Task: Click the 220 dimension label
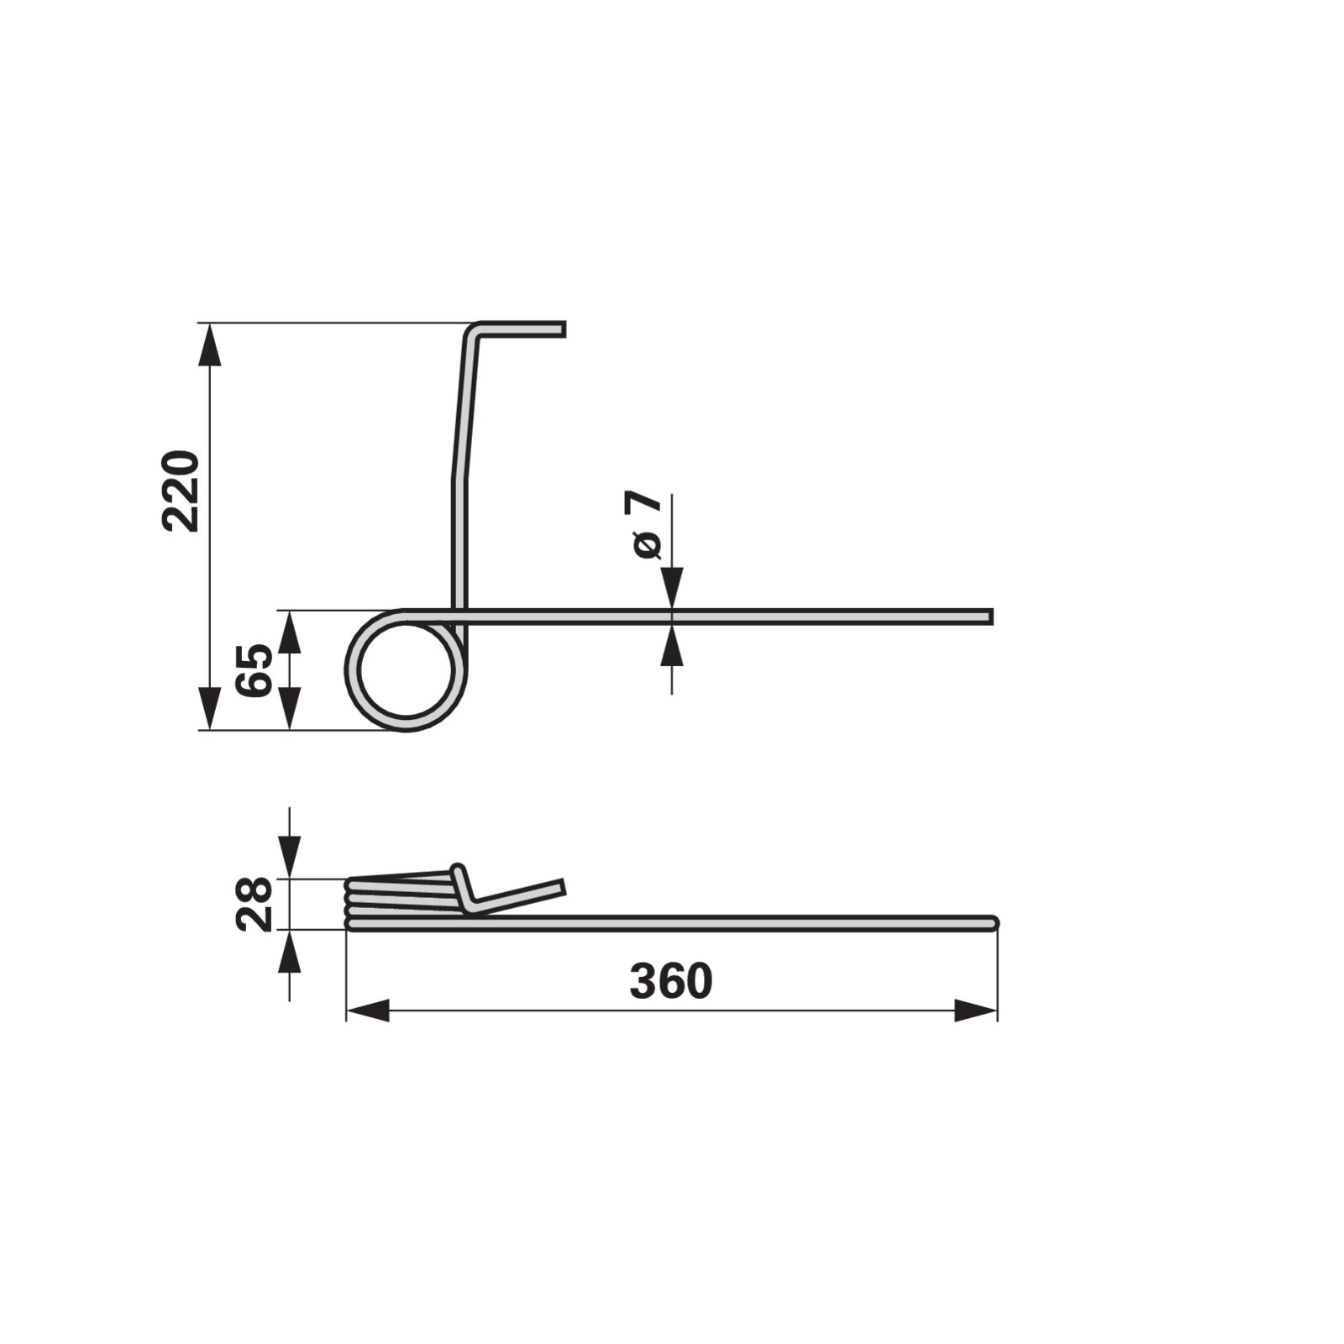tap(181, 491)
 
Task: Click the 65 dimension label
tap(255, 670)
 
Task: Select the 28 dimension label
tap(255, 904)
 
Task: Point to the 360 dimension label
tap(671, 981)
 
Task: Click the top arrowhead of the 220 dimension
tap(209, 344)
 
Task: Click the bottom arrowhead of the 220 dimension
tap(209, 708)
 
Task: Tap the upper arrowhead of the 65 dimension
tap(289, 632)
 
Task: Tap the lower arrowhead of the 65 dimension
tap(289, 708)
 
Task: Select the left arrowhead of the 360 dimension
tap(368, 1011)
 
